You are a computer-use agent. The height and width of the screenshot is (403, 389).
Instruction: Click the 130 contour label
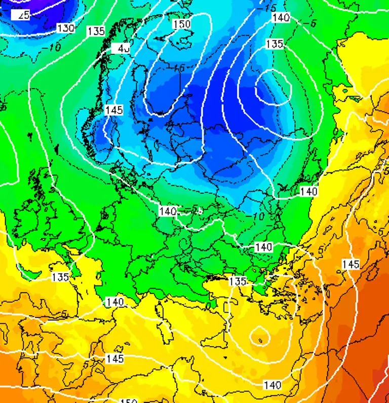[66, 28]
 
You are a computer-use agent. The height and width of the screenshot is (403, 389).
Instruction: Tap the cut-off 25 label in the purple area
[23, 15]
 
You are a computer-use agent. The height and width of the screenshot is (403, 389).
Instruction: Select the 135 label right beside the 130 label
[96, 31]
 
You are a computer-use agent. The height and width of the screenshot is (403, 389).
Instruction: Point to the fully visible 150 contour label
[181, 24]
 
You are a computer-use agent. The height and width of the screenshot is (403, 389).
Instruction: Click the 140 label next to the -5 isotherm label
[281, 18]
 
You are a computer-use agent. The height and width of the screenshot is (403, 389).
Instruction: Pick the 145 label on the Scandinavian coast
[114, 110]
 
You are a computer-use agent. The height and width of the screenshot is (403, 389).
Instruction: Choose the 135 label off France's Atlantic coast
[60, 277]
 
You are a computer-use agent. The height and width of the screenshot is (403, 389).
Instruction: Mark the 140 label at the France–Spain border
[115, 302]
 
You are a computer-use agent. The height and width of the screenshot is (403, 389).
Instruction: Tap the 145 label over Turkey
[351, 264]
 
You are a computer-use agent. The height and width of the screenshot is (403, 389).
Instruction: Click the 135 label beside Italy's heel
[238, 281]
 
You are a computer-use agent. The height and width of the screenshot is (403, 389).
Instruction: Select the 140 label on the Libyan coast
[272, 385]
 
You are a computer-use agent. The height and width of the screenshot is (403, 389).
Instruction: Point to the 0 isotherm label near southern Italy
[208, 306]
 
